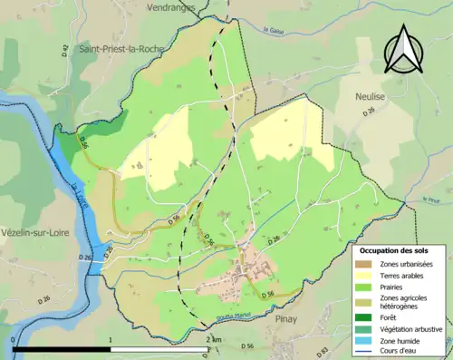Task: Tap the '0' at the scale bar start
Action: tap(14, 339)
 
